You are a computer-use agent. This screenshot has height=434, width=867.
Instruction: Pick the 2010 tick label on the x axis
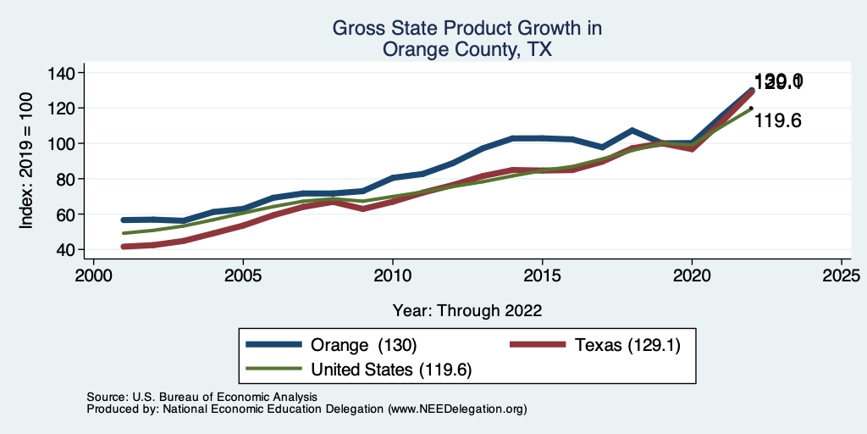[393, 275]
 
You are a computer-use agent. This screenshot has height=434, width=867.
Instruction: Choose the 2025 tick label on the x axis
[842, 275]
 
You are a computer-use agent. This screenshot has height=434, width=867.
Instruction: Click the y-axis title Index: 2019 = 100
[26, 160]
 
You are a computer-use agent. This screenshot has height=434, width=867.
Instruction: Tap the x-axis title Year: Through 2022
[467, 310]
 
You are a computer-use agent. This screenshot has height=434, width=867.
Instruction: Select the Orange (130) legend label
[364, 345]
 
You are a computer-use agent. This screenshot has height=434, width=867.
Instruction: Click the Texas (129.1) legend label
[627, 345]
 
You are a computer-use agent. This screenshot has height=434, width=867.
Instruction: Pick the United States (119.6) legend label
[391, 369]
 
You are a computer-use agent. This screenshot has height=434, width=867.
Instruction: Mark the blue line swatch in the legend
[274, 345]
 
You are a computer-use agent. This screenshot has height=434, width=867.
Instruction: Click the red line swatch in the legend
[538, 345]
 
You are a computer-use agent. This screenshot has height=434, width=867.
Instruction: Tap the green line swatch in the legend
[274, 369]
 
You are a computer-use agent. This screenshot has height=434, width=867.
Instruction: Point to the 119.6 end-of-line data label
[778, 121]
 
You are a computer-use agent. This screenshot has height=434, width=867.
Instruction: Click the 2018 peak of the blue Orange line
[632, 131]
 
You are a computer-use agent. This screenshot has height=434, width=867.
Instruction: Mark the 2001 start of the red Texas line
[124, 247]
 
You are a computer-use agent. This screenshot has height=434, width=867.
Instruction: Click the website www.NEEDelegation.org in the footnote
[457, 409]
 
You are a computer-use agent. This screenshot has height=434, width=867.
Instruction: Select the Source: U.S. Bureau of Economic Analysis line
[202, 397]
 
